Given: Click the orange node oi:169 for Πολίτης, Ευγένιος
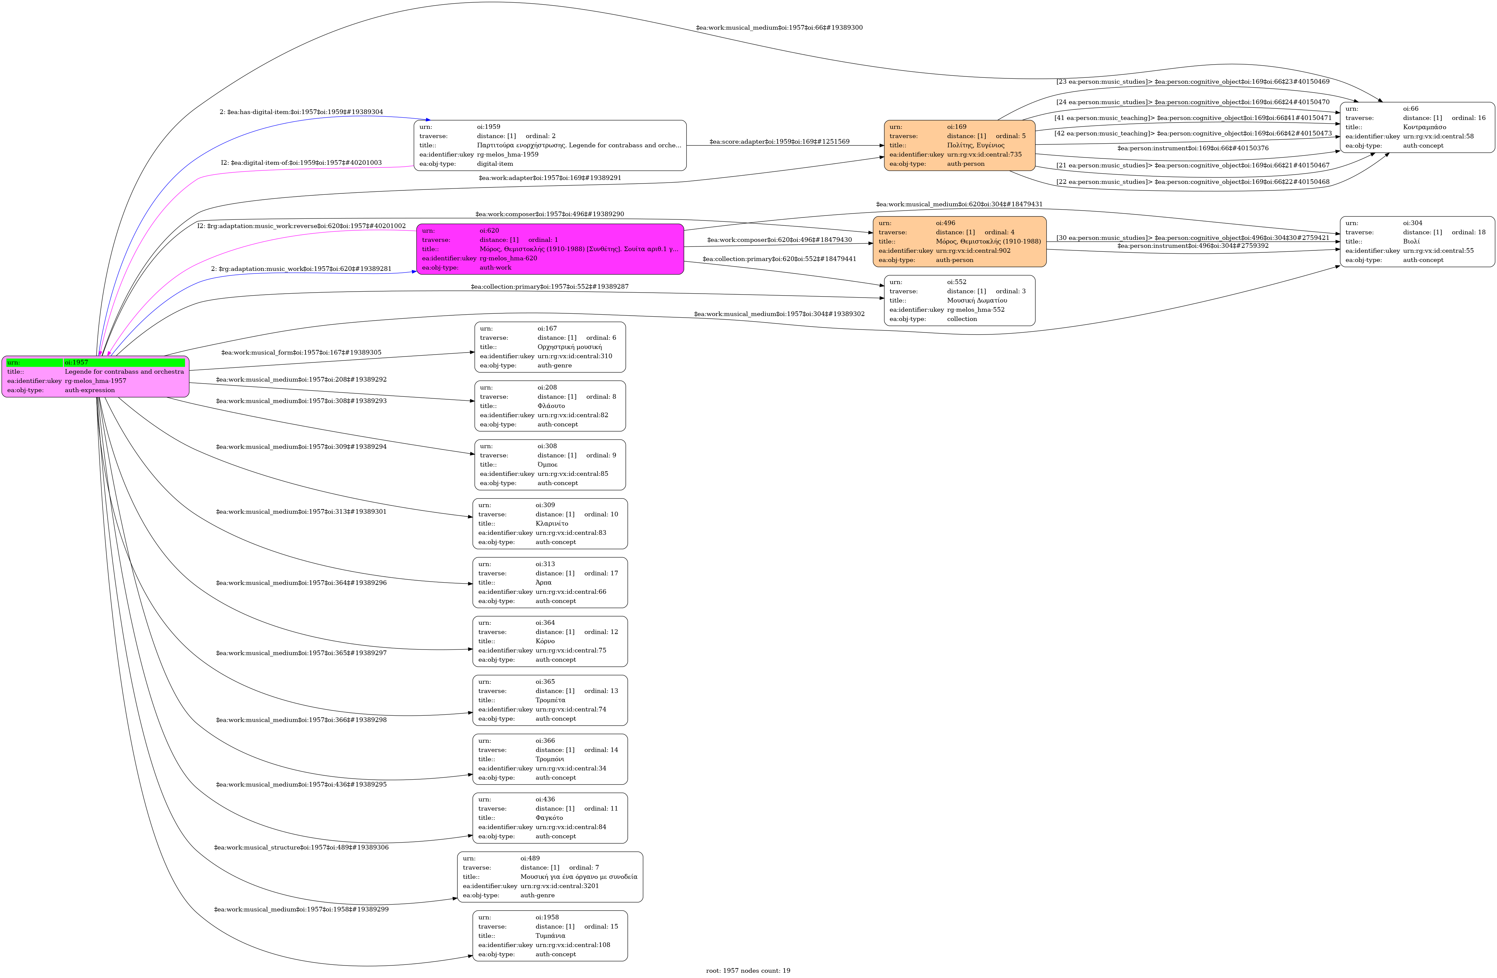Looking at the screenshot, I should (959, 145).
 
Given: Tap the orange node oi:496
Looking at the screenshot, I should (959, 242).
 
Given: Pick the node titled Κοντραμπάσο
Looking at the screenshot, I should (1417, 127).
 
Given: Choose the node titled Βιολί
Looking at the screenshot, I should (1417, 242).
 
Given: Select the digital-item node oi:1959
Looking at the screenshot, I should (550, 145).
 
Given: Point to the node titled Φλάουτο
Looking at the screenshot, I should (550, 406).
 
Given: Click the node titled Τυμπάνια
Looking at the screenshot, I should (550, 936).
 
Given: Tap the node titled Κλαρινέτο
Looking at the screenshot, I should (550, 524).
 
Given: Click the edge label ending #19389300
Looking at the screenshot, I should (779, 28).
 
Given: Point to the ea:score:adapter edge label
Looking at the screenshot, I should (779, 142).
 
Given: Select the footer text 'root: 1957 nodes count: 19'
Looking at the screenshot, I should (748, 970).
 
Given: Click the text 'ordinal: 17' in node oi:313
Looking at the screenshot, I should (601, 573).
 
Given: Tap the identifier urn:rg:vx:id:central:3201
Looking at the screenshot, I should (559, 886).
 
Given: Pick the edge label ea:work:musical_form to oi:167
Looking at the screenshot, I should (301, 353).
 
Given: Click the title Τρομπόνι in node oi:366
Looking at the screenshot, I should (549, 759).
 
